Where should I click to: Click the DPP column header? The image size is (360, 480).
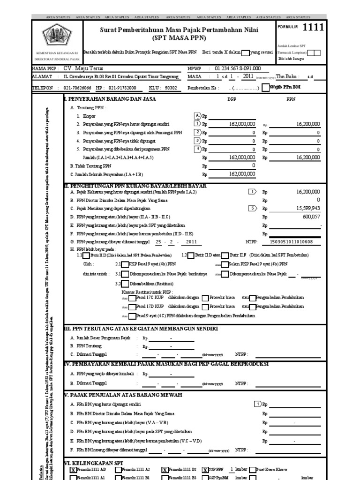(232, 99)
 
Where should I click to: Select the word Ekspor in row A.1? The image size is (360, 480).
(89, 116)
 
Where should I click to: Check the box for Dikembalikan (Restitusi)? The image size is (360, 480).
(125, 284)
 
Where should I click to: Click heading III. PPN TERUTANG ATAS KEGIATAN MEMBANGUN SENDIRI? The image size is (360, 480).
(140, 329)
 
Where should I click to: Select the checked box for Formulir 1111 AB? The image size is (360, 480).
(73, 469)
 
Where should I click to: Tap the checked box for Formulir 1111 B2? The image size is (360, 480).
(165, 469)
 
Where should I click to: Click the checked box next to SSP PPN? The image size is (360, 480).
(205, 469)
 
